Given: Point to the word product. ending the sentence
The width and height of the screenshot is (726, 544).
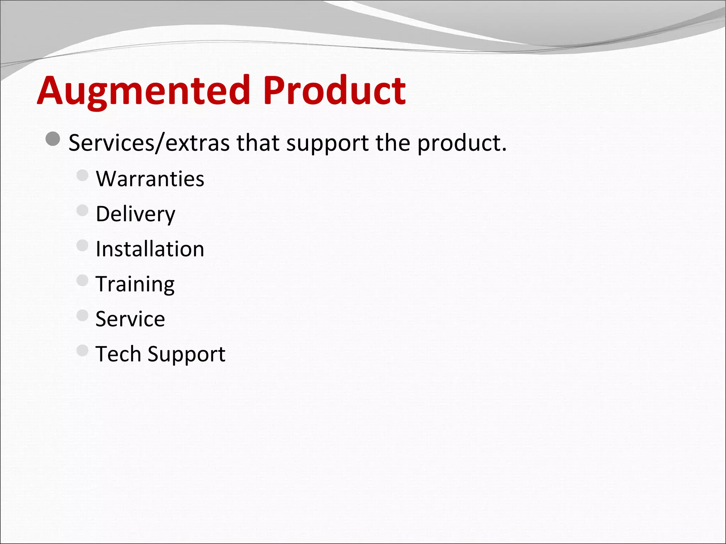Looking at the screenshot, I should [462, 143].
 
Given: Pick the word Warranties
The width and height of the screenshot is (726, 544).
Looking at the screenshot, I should [150, 178].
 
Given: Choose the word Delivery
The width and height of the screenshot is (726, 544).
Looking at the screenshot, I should [135, 214].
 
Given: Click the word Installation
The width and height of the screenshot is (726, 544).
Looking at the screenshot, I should [150, 249].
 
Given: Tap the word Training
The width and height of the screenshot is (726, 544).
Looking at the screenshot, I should [135, 284].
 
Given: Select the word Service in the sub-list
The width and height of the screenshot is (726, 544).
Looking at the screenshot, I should [130, 319].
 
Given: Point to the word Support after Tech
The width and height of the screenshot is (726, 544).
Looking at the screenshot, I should [186, 354].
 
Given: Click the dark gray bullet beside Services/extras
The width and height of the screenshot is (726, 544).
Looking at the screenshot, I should [53, 139].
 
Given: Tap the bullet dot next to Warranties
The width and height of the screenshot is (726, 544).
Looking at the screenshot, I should [82, 175].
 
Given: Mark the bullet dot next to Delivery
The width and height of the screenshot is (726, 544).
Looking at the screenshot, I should [82, 210].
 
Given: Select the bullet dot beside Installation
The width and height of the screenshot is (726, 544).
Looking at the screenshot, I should [82, 245].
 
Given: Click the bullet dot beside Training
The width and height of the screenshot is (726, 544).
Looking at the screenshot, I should [82, 280].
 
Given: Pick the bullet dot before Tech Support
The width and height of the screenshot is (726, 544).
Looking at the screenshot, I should [82, 350].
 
